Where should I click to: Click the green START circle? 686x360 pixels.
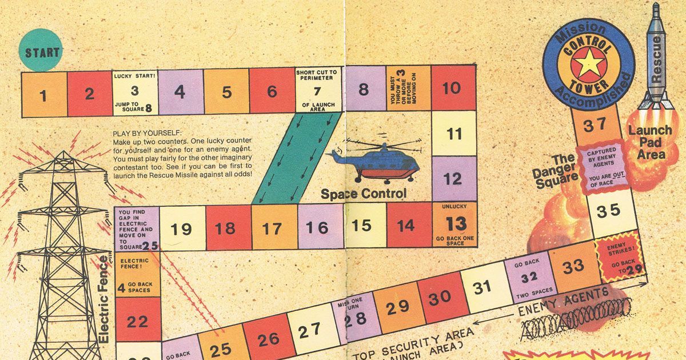pos(42,53)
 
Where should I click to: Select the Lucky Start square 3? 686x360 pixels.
pos(134,93)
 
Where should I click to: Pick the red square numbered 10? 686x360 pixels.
pos(453,88)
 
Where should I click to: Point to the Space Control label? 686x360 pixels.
pos(364,194)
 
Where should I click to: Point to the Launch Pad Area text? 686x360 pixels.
pos(650,142)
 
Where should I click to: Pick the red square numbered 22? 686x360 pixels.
pos(138,322)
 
